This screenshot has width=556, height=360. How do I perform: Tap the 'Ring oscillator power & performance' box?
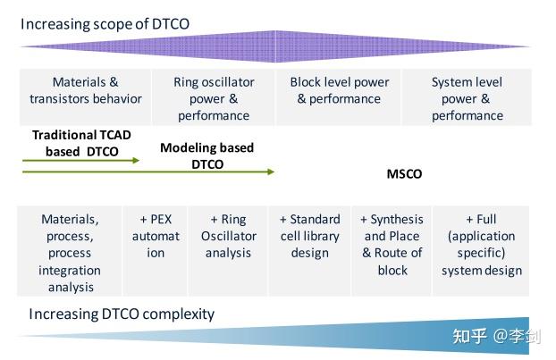214,98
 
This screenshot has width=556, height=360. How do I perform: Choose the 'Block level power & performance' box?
340,90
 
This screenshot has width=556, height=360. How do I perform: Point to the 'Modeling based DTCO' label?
206,155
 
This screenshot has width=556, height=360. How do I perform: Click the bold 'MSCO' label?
402,174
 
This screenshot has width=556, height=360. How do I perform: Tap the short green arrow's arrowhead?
136,161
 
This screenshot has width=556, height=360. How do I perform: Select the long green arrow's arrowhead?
270,172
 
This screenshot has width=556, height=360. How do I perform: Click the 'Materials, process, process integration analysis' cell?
70,253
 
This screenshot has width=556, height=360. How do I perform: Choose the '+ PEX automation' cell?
156,236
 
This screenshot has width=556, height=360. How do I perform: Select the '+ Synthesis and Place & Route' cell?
392,244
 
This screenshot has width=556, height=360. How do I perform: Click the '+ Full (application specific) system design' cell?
481,244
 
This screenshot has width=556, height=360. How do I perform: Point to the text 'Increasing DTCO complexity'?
122,314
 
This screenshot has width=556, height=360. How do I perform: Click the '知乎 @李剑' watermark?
492,336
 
